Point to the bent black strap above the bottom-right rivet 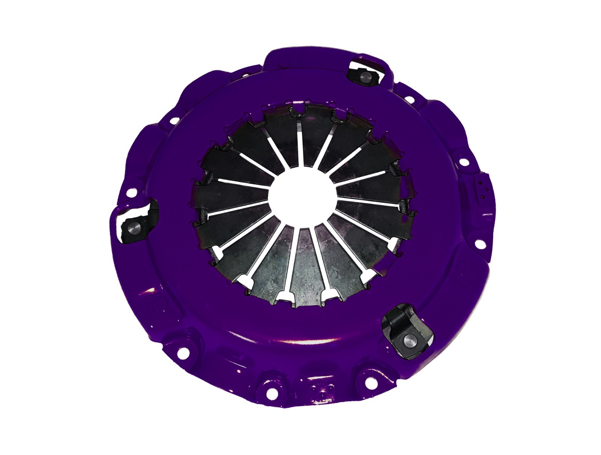(397, 319)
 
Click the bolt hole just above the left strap (131, 193)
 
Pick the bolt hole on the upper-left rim (175, 121)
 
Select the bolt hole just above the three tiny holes (464, 162)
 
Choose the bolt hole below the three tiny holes (479, 243)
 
